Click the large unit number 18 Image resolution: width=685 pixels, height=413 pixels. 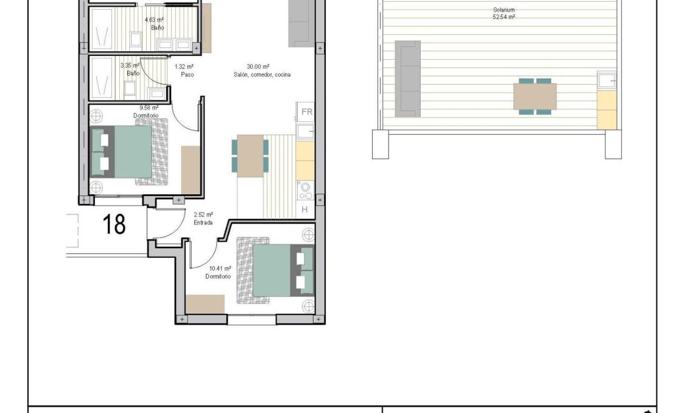point(114,224)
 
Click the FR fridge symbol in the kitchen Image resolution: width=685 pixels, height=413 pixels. point(306,112)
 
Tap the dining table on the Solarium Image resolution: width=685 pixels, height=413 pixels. point(535,97)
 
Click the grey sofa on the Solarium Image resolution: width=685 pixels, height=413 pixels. point(408,79)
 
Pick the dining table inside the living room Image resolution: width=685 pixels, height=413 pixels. point(250,156)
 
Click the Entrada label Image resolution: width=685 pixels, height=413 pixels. point(203,223)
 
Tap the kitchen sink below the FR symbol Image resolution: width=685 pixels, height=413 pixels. point(305,131)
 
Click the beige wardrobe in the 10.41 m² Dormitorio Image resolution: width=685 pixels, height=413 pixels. point(205,304)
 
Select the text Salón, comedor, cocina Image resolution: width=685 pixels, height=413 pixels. point(261,75)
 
